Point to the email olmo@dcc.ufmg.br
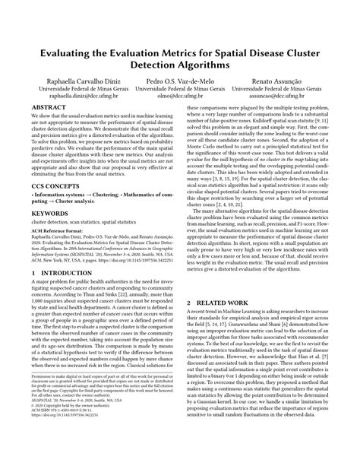point(180,97)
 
